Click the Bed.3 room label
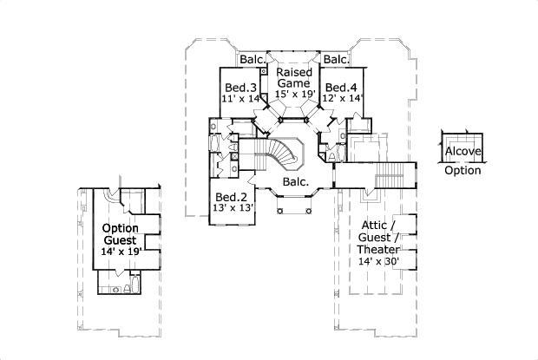click(x=240, y=88)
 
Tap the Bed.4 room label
click(x=340, y=88)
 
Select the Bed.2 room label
click(x=232, y=196)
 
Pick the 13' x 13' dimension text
click(x=233, y=208)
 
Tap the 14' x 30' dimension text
click(x=380, y=261)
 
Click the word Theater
click(x=380, y=249)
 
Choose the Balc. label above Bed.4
click(x=336, y=60)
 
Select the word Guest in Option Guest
click(x=121, y=239)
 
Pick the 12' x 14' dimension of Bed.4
click(x=341, y=99)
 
